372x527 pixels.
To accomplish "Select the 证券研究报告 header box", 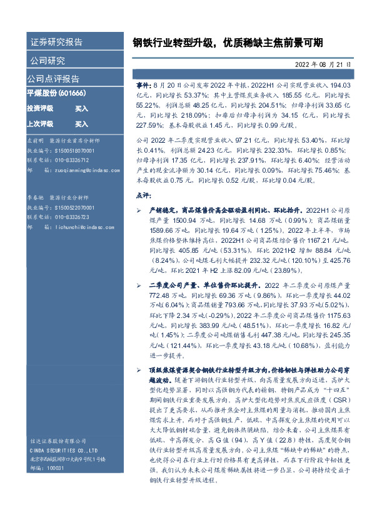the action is [56, 43].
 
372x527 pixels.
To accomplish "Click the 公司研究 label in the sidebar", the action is [47, 61].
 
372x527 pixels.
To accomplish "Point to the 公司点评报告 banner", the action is [53, 79].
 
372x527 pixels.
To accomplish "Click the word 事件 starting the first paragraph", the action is [143, 83].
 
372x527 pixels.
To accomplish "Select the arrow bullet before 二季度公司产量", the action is [138, 285].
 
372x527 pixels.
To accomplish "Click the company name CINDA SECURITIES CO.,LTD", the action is [63, 449].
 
